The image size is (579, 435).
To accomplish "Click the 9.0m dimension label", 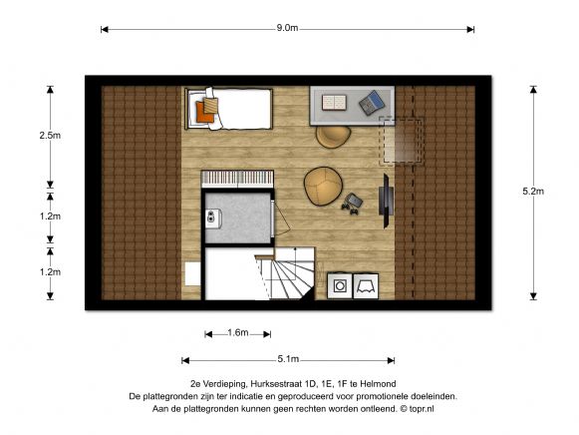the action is click(287, 28).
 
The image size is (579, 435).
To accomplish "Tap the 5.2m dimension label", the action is click(533, 192).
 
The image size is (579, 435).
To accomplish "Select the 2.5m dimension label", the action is click(50, 136).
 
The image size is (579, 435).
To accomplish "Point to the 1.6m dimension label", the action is click(238, 332).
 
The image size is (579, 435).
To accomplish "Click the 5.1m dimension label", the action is click(288, 359).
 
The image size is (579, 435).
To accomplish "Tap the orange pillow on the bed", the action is click(204, 112).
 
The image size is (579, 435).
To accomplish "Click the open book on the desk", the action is click(334, 103).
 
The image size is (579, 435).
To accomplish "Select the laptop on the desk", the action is click(372, 103).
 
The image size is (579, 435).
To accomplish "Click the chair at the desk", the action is click(333, 137).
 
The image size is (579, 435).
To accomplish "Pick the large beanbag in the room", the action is click(323, 186).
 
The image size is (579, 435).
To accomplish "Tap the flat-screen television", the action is click(386, 201).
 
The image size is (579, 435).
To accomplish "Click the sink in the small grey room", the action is click(213, 217).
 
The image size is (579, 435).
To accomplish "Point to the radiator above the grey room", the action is click(237, 179).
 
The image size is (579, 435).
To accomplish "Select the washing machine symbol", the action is click(340, 285).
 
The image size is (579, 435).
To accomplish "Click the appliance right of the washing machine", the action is click(366, 285).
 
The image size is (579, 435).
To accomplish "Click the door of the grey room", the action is click(281, 218).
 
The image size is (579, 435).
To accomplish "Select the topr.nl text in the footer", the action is click(422, 409).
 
